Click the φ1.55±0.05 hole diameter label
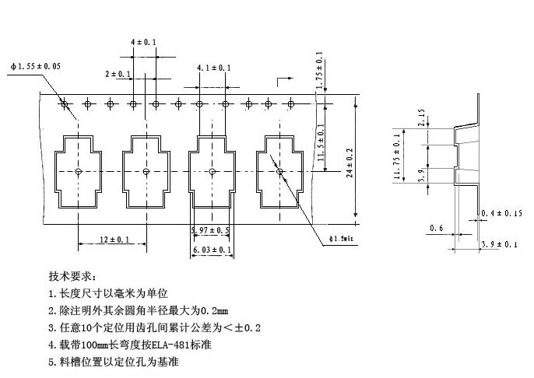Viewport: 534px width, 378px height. (x=36, y=67)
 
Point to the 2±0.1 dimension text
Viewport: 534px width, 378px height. (x=118, y=74)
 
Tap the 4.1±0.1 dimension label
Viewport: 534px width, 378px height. (x=213, y=68)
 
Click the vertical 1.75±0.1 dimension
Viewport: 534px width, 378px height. (x=319, y=68)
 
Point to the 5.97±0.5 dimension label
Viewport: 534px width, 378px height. (x=210, y=231)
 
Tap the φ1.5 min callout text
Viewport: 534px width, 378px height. (x=341, y=238)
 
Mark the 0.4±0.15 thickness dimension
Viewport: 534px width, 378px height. (x=502, y=213)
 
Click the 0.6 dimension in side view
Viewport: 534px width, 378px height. (x=436, y=228)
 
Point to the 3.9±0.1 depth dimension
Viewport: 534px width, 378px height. (x=500, y=244)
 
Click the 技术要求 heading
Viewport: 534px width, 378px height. (x=72, y=276)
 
